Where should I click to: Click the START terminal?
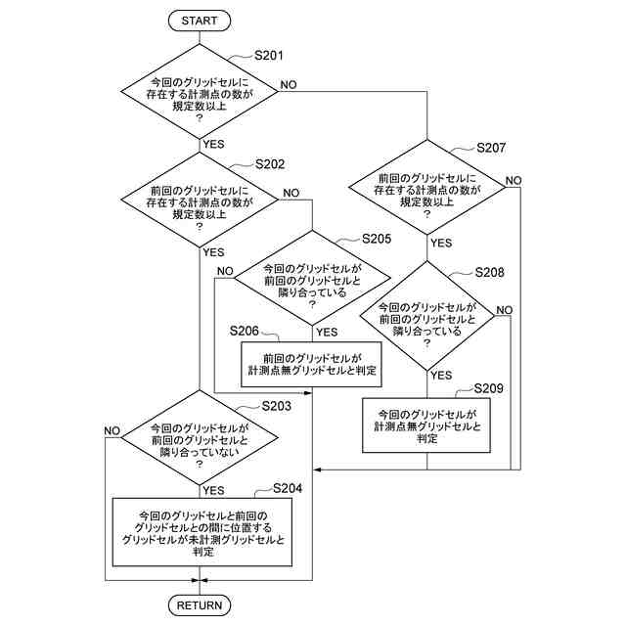tap(200, 20)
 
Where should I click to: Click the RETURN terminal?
tap(200, 605)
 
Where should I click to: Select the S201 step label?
tap(268, 56)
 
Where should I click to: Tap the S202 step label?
tap(269, 164)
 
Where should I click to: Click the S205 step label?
tap(376, 239)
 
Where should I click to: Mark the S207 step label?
tap(490, 148)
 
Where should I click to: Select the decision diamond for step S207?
tap(427, 190)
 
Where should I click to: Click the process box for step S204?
tap(202, 532)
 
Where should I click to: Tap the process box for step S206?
tap(312, 364)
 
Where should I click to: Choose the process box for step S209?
tap(426, 425)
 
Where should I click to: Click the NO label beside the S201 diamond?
tap(289, 84)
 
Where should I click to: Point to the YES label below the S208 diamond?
tap(441, 375)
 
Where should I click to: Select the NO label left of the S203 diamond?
tap(112, 431)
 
